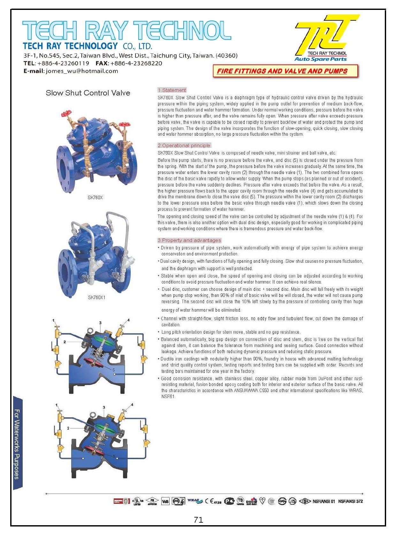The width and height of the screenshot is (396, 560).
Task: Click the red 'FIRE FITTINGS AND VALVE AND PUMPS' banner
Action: [282, 71]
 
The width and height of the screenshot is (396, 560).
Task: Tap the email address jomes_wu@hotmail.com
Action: [82, 71]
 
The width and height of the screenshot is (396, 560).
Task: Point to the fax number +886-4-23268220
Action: [136, 63]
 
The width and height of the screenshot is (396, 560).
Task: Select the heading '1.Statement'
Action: [172, 90]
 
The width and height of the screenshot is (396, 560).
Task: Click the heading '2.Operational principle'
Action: [184, 145]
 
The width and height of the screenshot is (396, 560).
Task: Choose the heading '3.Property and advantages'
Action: [189, 240]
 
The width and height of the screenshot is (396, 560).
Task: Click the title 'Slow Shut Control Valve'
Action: [88, 93]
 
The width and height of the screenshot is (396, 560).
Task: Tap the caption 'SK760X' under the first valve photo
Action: [95, 198]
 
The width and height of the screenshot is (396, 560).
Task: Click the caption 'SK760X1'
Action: [96, 298]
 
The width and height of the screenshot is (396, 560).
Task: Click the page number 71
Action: [198, 520]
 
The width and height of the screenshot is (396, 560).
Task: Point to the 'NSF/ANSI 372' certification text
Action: [350, 501]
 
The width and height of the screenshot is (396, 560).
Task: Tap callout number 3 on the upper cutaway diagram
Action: [100, 323]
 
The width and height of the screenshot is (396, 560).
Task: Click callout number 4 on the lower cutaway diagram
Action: [132, 405]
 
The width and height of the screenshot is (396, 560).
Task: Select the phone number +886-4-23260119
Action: [63, 63]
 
